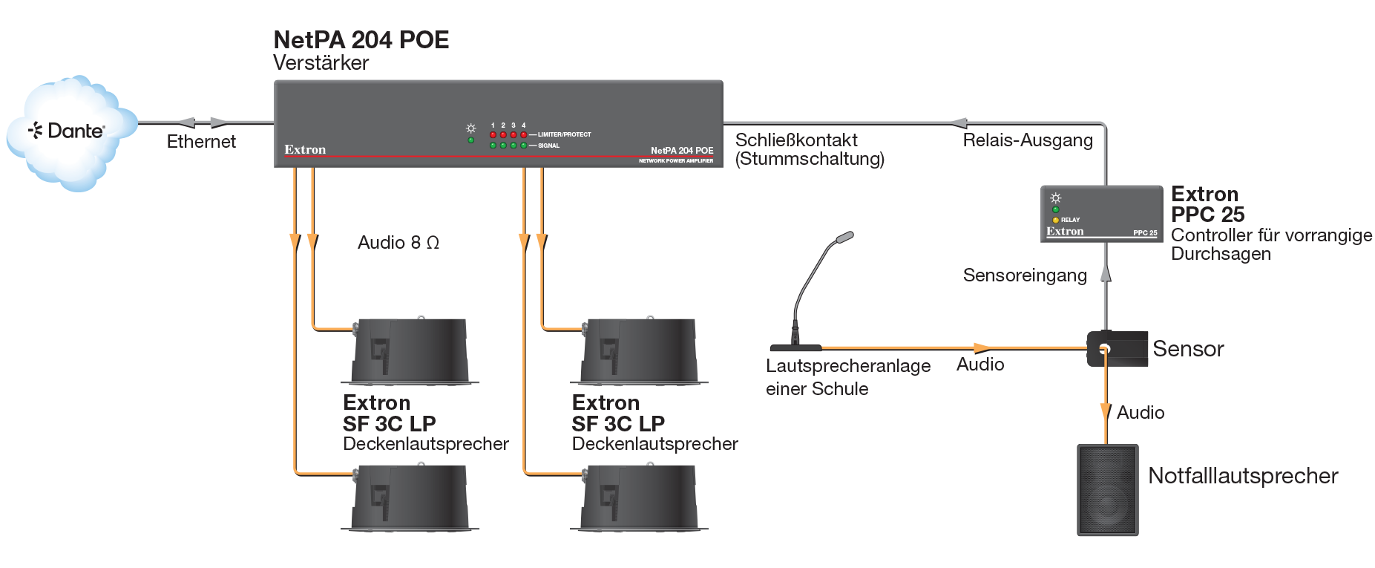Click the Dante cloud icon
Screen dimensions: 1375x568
coord(71,133)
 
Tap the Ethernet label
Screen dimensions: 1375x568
coord(201,142)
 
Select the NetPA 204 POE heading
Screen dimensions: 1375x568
coord(361,39)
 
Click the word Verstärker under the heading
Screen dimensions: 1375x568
coord(321,63)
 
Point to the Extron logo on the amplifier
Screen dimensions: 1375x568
coord(305,149)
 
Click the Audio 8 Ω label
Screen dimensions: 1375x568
coord(398,243)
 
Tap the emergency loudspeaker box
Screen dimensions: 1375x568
coord(1107,490)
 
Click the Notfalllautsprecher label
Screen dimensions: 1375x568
coord(1243,476)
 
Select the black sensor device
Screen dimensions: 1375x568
coord(1118,348)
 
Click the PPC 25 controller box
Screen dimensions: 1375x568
coord(1101,214)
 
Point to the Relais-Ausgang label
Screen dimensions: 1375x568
coord(1028,140)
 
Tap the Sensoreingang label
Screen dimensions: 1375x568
coord(1025,275)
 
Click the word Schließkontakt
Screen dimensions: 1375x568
coord(796,140)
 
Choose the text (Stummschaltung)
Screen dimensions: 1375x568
coord(810,159)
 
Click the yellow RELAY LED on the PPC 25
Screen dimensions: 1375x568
coord(1056,220)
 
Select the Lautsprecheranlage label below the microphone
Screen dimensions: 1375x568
coord(848,366)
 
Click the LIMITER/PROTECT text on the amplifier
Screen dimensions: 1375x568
coord(565,134)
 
